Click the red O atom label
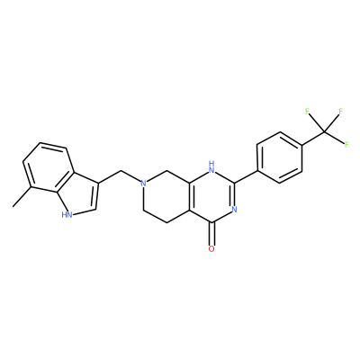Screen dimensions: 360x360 [x=211, y=248]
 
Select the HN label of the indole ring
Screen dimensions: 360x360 [x=67, y=215]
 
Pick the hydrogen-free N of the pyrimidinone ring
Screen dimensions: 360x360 [x=235, y=209]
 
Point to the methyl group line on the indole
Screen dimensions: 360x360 [x=22, y=197]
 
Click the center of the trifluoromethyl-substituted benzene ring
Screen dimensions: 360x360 [x=280, y=157]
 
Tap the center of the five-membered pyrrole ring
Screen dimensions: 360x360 [x=79, y=193]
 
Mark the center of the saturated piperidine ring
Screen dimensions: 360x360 [x=166, y=196]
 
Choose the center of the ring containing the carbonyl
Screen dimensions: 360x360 [x=212, y=196]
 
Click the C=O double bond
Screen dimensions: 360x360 [x=211, y=234]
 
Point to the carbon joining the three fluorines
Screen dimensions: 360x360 [x=325, y=131]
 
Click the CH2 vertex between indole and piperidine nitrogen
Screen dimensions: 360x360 [x=121, y=171]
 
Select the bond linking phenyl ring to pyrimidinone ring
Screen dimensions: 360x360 [x=246, y=177]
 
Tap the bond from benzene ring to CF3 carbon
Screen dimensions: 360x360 [x=313, y=139]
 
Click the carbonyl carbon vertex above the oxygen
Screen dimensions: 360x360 [x=211, y=222]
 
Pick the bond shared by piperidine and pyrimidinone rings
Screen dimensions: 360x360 [x=191, y=196]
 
